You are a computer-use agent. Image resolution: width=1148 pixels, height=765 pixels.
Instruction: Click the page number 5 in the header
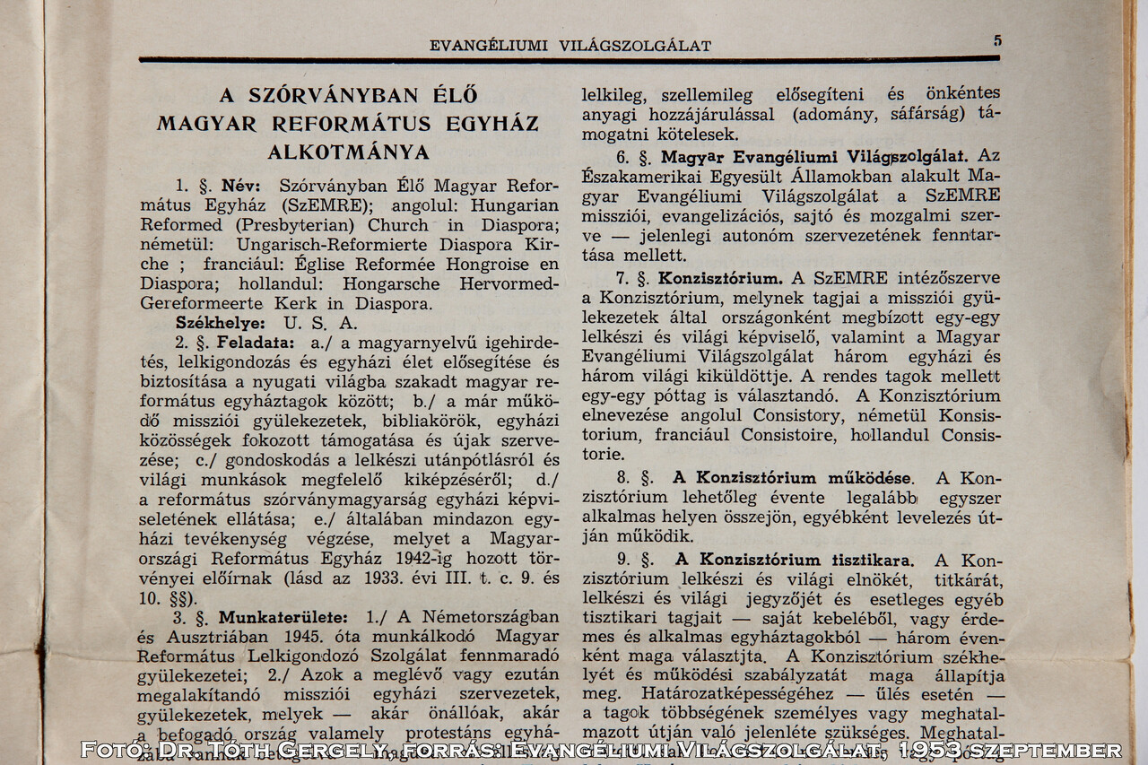point(997,40)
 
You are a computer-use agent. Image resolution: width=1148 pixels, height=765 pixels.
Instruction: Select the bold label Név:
point(241,187)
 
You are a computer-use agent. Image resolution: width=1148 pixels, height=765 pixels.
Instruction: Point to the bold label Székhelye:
point(220,323)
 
